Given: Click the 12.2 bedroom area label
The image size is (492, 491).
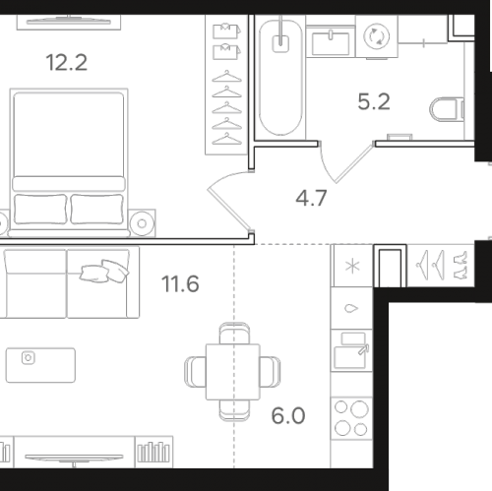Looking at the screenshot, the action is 67,63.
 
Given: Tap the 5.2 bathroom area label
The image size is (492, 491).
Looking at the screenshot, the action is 374,101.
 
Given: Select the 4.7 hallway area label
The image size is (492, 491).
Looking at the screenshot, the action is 311,198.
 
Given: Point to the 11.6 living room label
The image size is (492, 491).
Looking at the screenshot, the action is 180,284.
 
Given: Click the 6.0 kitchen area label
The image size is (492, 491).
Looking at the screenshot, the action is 288,416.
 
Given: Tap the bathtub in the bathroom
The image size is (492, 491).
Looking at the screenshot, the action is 280,78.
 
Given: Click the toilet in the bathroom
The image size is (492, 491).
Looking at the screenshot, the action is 447,109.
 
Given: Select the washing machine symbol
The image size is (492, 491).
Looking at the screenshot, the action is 377,36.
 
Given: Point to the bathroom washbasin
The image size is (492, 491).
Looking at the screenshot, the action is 331,42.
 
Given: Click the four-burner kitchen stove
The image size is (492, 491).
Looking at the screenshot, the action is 351,418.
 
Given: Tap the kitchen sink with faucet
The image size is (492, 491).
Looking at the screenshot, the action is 351,350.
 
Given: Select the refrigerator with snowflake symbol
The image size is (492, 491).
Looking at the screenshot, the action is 352,266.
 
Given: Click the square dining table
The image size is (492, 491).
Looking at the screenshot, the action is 233,372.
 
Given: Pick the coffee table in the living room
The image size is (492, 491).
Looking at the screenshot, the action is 40,365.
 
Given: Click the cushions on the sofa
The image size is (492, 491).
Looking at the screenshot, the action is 104,271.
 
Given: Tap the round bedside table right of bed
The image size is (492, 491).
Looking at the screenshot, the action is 142,223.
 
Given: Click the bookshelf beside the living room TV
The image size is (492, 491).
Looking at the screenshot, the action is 154,453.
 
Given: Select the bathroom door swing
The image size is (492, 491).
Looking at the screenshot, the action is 346,163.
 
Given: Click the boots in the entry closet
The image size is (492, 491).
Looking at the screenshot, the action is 461,265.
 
